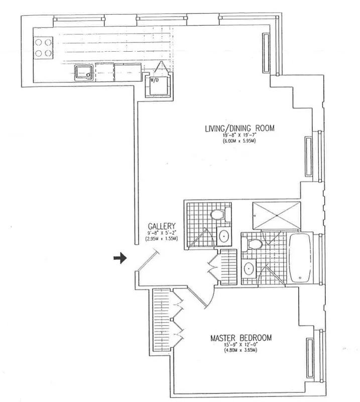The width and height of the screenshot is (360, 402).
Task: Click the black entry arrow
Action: point(119,258)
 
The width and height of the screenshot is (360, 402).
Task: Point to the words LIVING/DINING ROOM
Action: point(239,128)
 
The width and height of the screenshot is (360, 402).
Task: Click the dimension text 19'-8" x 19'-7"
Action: point(239,135)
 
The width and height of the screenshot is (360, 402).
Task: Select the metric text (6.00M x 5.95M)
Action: point(239,141)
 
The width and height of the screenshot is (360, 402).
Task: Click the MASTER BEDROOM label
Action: point(241,338)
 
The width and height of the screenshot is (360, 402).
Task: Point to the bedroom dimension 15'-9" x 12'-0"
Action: point(241,345)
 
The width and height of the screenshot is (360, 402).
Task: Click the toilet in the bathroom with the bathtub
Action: point(255,245)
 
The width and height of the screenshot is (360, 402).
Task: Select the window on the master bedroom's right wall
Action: point(310,358)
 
